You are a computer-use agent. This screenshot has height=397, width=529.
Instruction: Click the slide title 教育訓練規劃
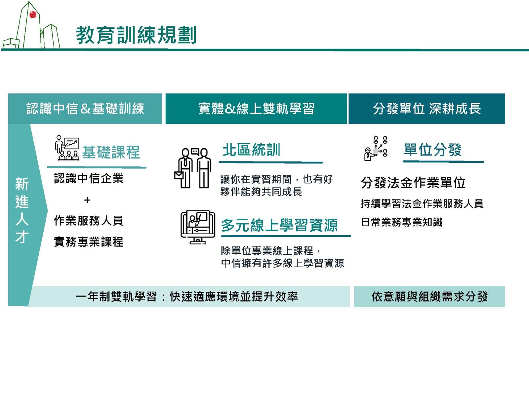click(x=136, y=35)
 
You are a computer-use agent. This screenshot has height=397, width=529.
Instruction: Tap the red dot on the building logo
click(x=33, y=15)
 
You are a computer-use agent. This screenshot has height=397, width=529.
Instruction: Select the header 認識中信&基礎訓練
click(x=85, y=109)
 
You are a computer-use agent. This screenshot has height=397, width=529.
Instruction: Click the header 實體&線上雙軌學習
click(x=256, y=109)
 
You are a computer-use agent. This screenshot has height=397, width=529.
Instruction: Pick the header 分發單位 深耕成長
click(x=427, y=109)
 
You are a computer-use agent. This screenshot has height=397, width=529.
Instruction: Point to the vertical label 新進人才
click(x=22, y=210)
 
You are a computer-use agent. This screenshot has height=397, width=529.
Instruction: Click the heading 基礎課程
click(x=111, y=152)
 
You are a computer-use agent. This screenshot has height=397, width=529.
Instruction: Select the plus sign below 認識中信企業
click(x=87, y=200)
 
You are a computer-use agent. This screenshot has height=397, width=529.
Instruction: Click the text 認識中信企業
click(x=89, y=179)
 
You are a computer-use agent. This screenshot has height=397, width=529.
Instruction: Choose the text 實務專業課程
click(x=89, y=242)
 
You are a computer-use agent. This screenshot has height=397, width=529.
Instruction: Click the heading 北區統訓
click(x=251, y=150)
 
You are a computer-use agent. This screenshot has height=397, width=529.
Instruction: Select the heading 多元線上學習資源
click(x=279, y=226)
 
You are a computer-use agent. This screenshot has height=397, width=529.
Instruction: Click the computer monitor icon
click(x=198, y=227)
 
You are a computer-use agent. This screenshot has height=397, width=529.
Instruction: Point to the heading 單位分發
click(x=432, y=150)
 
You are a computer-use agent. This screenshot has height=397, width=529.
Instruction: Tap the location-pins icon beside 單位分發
click(x=376, y=149)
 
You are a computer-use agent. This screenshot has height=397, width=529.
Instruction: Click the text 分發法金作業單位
click(x=413, y=183)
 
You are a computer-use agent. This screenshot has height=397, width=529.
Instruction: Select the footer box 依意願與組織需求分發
click(x=429, y=297)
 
